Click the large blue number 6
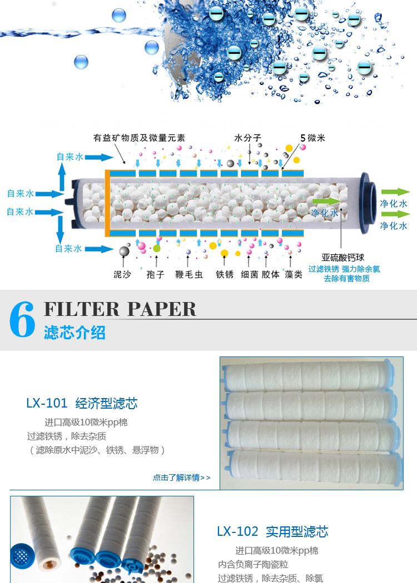[x=22, y=320]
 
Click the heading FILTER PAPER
[x=120, y=309]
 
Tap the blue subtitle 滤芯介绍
[x=75, y=333]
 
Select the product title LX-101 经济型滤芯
[x=82, y=403]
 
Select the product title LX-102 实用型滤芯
[x=272, y=531]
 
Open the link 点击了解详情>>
[x=182, y=478]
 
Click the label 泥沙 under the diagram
[x=122, y=274]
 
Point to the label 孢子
[x=155, y=274]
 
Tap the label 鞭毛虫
[x=188, y=274]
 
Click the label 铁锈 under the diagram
[x=225, y=274]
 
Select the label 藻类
[x=293, y=274]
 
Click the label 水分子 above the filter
[x=247, y=138]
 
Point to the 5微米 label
[x=312, y=138]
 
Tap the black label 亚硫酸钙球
[x=344, y=258]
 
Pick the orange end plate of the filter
[x=107, y=203]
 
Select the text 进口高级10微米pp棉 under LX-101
[x=86, y=423]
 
